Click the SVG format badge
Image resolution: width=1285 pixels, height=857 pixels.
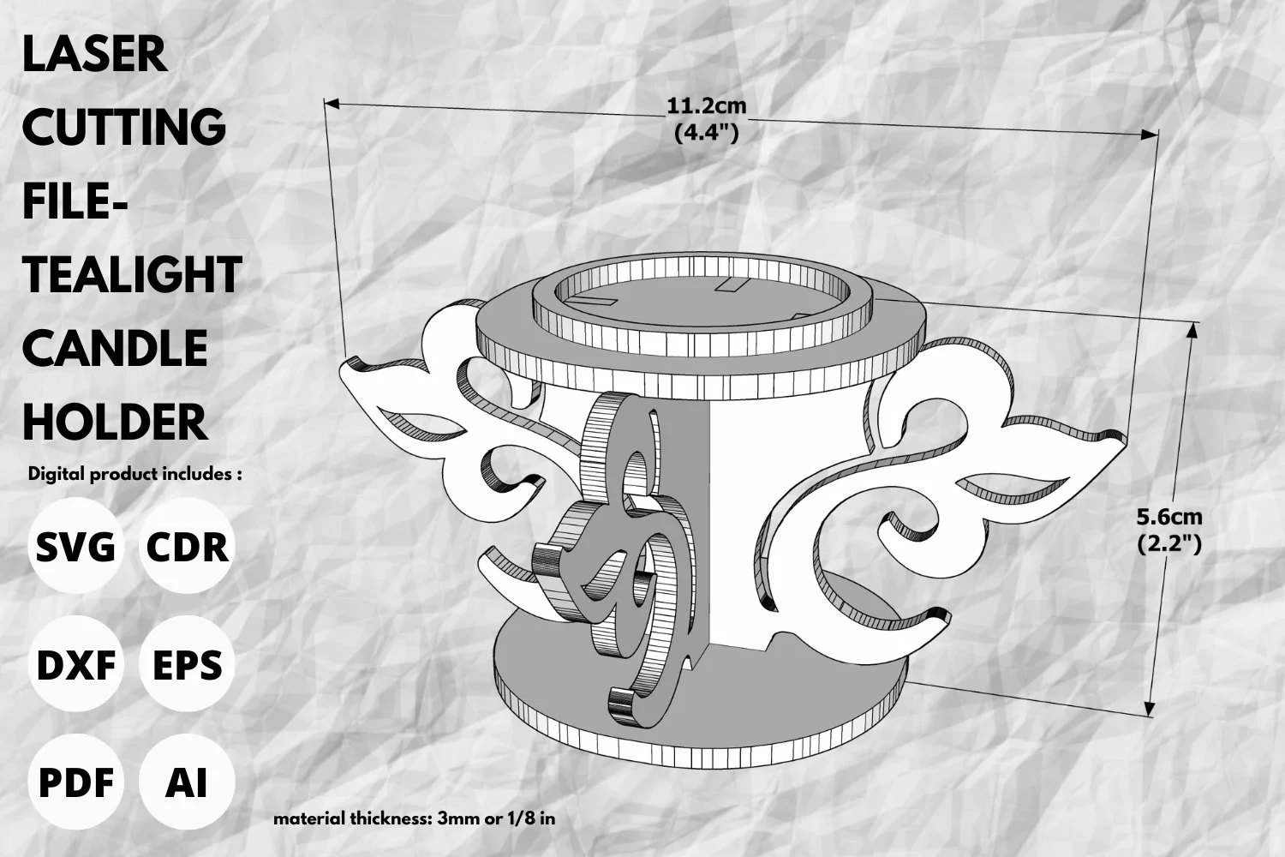pyautogui.click(x=75, y=546)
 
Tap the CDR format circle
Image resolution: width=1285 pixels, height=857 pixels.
pyautogui.click(x=187, y=546)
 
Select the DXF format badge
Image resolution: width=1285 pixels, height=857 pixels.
pyautogui.click(x=75, y=664)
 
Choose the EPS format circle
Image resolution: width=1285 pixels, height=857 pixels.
pyautogui.click(x=187, y=664)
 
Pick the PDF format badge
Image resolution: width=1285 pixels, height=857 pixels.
pyautogui.click(x=75, y=782)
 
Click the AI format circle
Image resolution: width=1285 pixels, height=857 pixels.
pyautogui.click(x=187, y=782)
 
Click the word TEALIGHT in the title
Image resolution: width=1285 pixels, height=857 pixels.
pyautogui.click(x=133, y=275)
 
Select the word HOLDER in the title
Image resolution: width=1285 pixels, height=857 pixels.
pyautogui.click(x=116, y=422)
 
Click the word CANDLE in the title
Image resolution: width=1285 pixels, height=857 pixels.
pyautogui.click(x=116, y=349)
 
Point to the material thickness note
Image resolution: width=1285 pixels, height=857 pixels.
pyautogui.click(x=414, y=818)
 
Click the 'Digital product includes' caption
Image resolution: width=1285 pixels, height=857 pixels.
pyautogui.click(x=134, y=474)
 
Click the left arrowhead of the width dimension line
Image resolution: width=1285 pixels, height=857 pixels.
pyautogui.click(x=332, y=104)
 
